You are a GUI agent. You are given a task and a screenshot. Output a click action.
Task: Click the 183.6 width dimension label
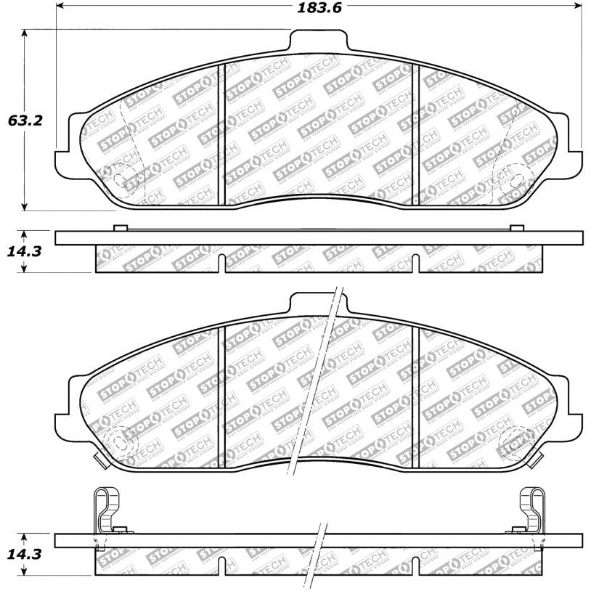tap(319, 8)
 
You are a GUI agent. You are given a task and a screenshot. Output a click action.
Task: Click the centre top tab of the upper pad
tap(317, 39)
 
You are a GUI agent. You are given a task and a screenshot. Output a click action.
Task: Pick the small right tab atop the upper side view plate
tap(516, 228)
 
